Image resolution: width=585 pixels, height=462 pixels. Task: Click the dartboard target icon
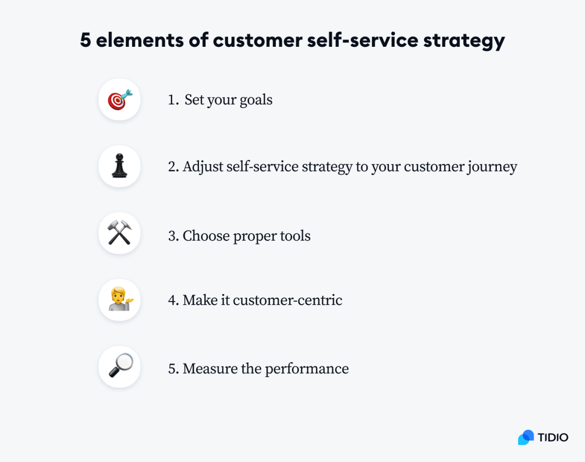pos(119,100)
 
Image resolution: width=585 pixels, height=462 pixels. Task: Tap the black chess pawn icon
pos(119,167)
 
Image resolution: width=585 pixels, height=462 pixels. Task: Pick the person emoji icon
pos(119,300)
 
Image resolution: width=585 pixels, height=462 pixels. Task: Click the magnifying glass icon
pos(119,366)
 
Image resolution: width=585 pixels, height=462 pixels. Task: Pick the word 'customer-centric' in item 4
pos(288,300)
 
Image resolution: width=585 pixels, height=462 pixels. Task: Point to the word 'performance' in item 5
pos(307,369)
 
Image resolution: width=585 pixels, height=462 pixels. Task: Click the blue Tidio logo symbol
pos(526,437)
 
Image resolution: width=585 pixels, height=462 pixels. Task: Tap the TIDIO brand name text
pos(553,437)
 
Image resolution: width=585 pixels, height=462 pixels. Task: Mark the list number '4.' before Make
pos(174,300)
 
